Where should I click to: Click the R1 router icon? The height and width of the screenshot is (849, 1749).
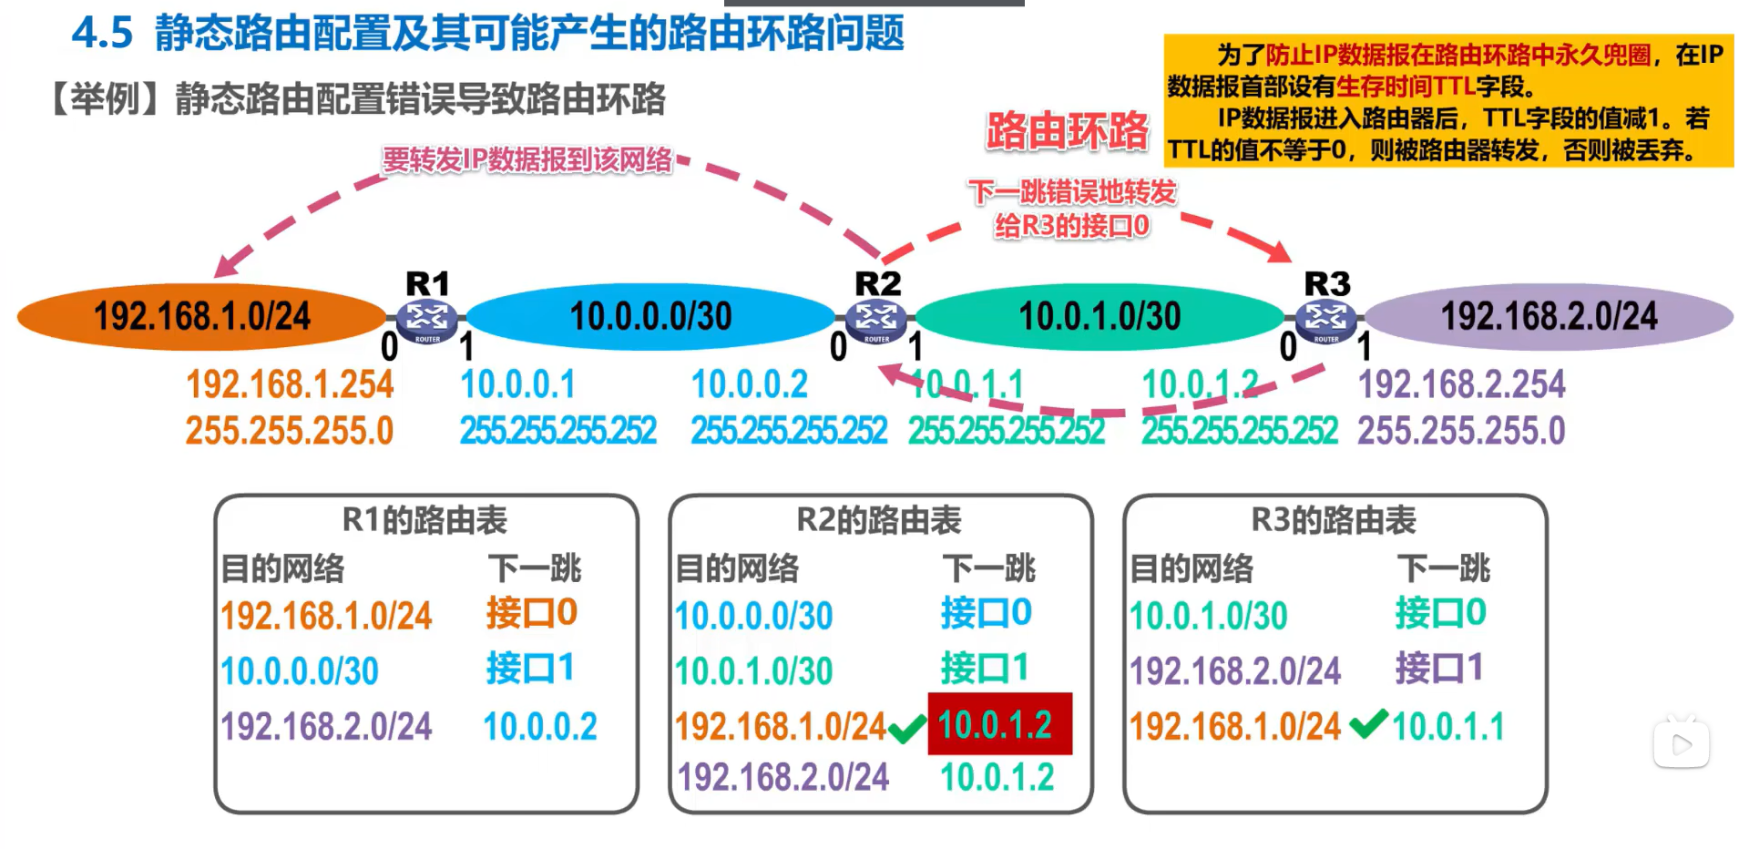pyautogui.click(x=427, y=319)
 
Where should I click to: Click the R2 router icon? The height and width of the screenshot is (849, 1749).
pyautogui.click(x=876, y=319)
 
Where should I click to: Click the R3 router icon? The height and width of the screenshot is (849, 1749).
pyautogui.click(x=1325, y=319)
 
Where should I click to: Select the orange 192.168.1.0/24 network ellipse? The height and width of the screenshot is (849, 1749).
pyautogui.click(x=201, y=317)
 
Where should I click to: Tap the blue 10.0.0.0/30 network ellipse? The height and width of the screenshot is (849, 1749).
pyautogui.click(x=650, y=317)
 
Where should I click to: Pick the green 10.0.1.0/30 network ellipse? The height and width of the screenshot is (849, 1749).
pyautogui.click(x=1100, y=317)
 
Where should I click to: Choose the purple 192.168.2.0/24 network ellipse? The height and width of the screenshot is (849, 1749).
pyautogui.click(x=1549, y=317)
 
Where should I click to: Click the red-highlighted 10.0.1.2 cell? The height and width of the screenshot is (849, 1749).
pyautogui.click(x=999, y=725)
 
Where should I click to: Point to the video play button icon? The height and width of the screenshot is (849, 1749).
pyautogui.click(x=1682, y=744)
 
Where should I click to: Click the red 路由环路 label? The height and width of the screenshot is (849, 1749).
pyautogui.click(x=1067, y=131)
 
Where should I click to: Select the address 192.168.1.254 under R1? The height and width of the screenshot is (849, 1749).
pyautogui.click(x=290, y=384)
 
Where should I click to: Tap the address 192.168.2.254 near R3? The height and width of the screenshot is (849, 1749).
pyautogui.click(x=1461, y=384)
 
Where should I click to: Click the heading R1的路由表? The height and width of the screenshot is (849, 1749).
pyautogui.click(x=424, y=520)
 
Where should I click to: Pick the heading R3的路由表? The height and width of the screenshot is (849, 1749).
pyautogui.click(x=1334, y=520)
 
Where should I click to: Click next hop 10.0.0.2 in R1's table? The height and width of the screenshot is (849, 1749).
pyautogui.click(x=540, y=727)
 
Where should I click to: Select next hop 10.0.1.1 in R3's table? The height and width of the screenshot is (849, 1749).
pyautogui.click(x=1448, y=727)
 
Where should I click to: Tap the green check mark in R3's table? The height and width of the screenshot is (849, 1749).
pyautogui.click(x=1368, y=724)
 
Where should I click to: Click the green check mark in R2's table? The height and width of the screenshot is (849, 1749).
pyautogui.click(x=906, y=729)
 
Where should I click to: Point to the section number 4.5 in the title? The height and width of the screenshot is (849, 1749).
pyautogui.click(x=102, y=34)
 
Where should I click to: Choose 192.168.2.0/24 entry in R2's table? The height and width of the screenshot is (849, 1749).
pyautogui.click(x=783, y=777)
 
